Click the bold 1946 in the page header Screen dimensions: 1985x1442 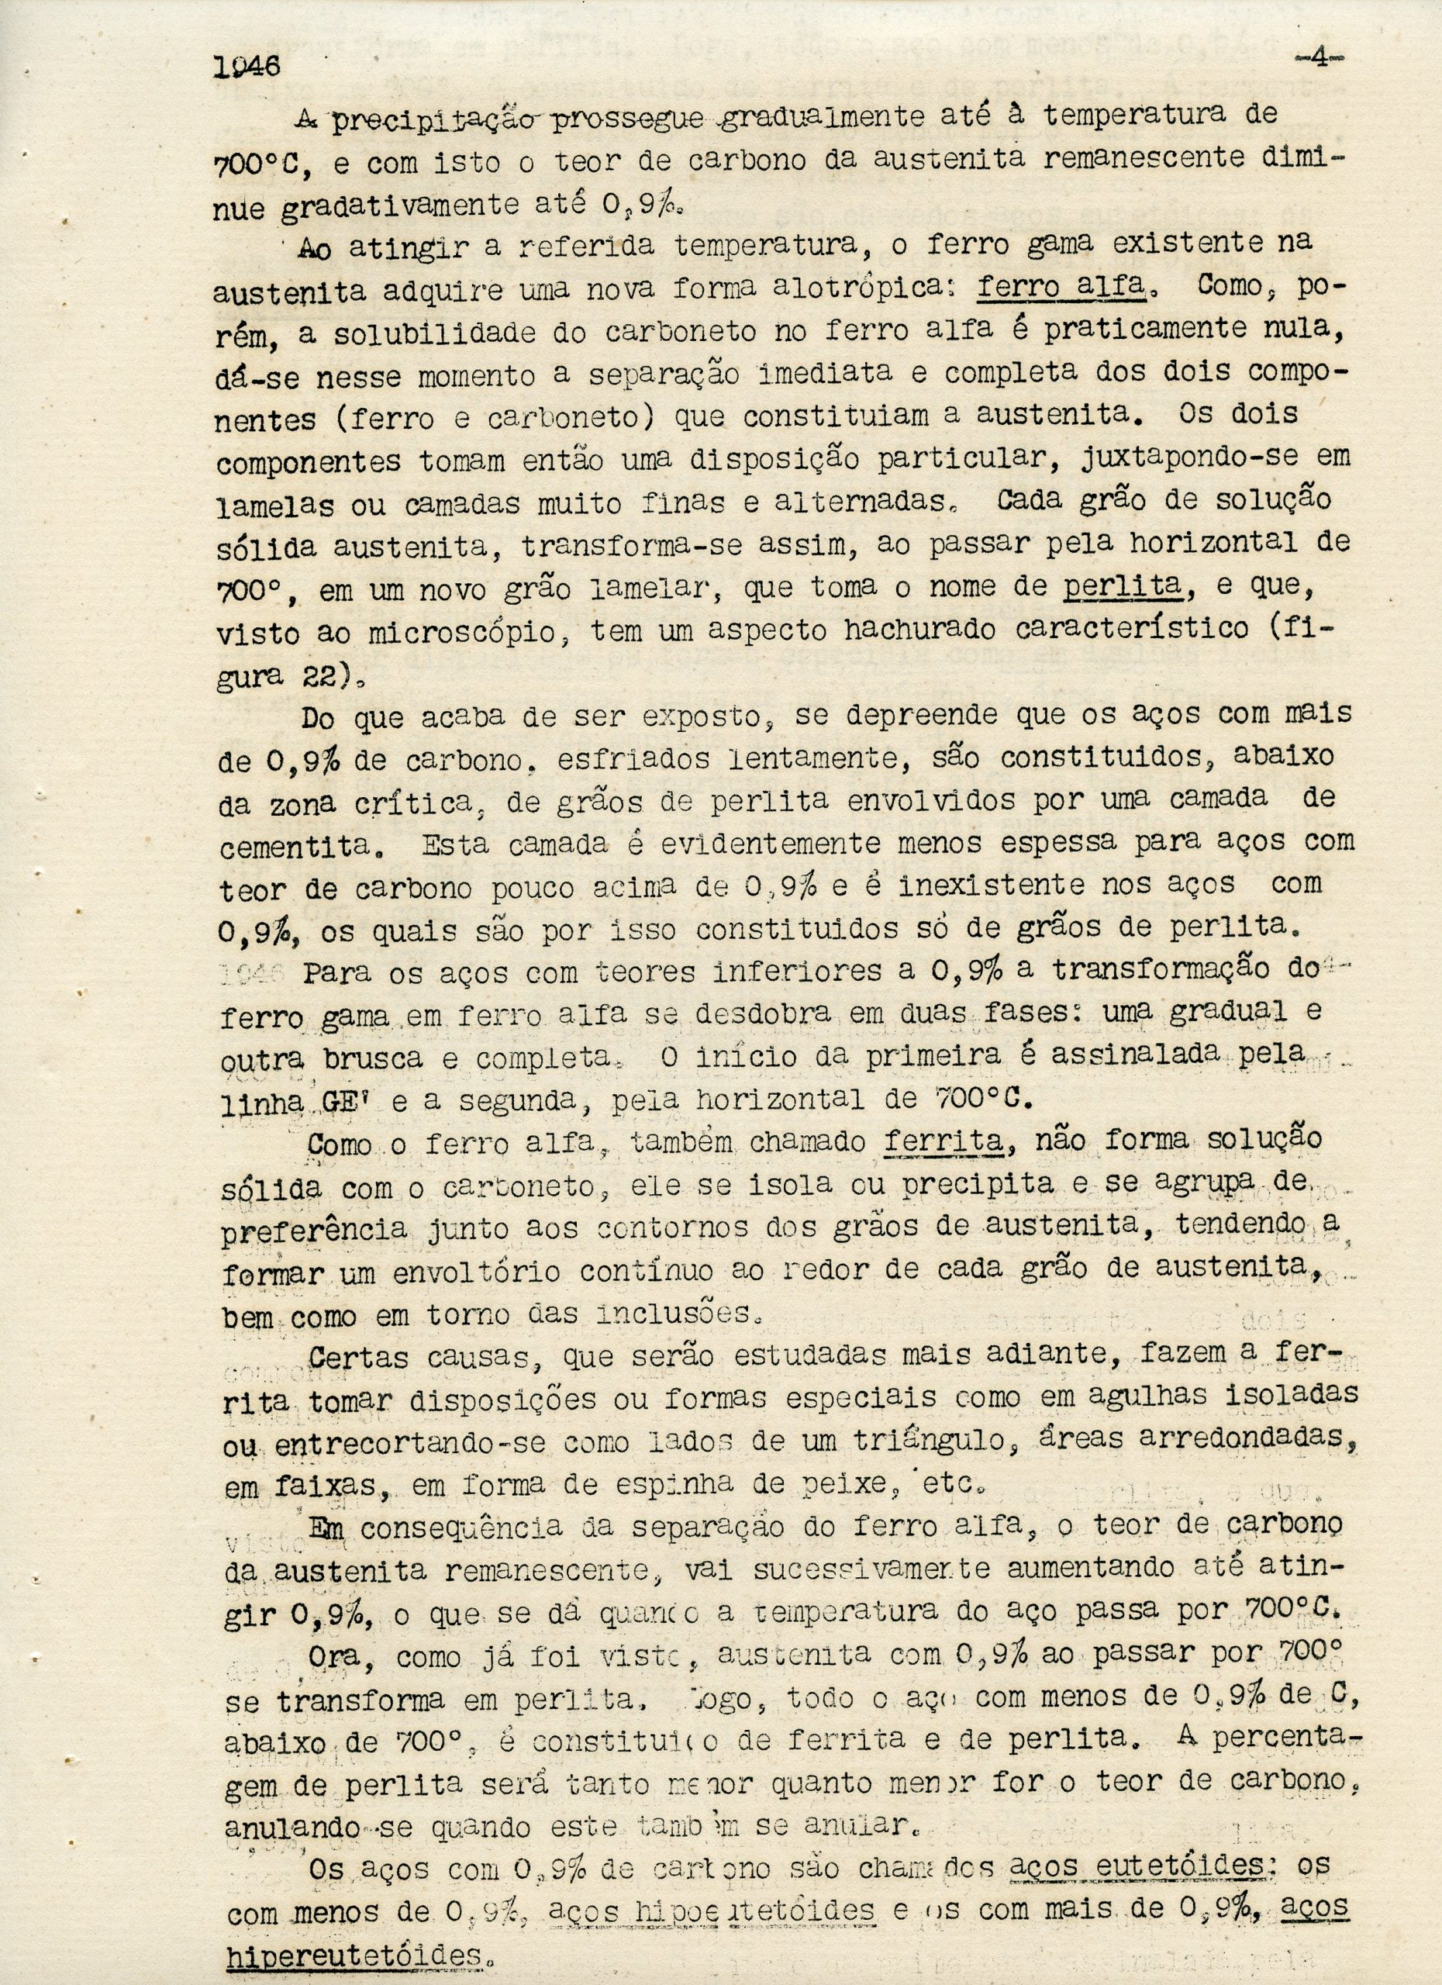246,67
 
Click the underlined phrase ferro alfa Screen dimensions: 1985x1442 1061,287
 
